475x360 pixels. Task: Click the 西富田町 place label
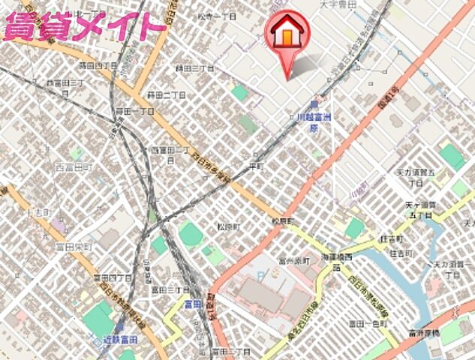[74, 166]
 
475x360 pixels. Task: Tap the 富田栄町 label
[73, 246]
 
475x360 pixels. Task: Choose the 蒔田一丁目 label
[135, 111]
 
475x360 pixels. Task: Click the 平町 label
[257, 164]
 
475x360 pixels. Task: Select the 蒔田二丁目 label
[167, 94]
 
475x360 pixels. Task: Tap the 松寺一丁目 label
[218, 15]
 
